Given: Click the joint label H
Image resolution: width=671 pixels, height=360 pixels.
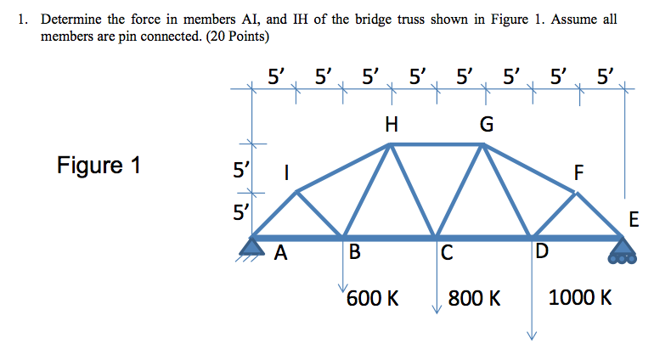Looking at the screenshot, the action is click(391, 124).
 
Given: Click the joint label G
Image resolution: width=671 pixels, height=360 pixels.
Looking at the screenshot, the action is click(487, 125).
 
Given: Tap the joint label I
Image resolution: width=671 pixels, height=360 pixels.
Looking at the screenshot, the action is click(286, 172).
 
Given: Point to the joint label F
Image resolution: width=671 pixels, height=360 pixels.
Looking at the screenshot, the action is click(578, 172).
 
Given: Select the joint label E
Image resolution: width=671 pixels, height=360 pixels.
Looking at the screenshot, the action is click(634, 219).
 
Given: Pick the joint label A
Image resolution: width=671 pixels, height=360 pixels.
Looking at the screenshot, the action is click(281, 252).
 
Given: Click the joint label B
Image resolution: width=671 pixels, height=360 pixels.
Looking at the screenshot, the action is click(355, 252).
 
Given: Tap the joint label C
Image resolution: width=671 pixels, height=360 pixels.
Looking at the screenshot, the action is click(447, 252).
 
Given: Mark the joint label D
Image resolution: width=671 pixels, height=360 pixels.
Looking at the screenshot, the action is click(541, 251).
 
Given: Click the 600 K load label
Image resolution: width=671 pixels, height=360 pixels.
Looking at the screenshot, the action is click(373, 298).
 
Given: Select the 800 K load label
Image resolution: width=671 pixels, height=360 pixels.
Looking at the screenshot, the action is click(474, 298).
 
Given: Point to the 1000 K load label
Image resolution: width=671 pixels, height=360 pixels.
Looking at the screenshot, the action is click(580, 297).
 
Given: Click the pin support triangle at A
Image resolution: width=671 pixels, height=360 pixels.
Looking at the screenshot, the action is click(252, 247).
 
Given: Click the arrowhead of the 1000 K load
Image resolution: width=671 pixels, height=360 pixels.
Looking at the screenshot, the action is click(532, 336).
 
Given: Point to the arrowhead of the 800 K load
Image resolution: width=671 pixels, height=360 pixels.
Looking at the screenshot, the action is click(437, 310).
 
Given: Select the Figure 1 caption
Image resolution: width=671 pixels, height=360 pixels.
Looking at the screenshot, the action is click(99, 165).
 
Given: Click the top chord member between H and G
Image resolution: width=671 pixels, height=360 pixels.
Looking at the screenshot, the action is click(437, 145).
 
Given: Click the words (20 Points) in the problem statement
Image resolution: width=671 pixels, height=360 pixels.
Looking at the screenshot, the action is click(238, 37).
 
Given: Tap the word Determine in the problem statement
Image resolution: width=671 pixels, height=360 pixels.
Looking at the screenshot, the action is click(71, 20).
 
